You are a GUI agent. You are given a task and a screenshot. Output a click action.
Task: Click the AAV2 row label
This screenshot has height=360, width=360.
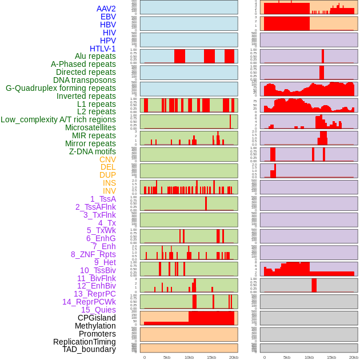click(106, 9)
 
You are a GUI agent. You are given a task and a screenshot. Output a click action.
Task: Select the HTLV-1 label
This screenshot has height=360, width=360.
click(103, 49)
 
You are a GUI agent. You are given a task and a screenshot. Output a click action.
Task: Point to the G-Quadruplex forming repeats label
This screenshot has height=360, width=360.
click(61, 88)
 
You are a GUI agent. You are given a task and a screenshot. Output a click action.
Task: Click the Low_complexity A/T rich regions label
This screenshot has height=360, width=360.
click(58, 119)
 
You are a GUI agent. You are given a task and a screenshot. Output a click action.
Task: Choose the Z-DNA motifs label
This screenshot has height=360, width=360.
click(93, 151)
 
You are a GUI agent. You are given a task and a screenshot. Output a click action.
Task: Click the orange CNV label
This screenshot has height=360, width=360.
click(107, 159)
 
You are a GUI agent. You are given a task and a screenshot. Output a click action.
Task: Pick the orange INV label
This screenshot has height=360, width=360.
click(109, 191)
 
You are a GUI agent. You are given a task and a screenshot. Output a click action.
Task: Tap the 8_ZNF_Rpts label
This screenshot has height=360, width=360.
click(93, 254)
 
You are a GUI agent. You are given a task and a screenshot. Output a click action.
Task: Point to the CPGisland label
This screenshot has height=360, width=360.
click(97, 318)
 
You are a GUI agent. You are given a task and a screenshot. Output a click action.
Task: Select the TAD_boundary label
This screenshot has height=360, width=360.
click(89, 349)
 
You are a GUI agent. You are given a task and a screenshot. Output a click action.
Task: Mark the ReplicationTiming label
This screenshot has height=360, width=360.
click(85, 342)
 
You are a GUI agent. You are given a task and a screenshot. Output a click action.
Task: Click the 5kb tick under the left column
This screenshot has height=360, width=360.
click(167, 357)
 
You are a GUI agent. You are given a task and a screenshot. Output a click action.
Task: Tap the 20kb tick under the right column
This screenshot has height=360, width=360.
click(354, 357)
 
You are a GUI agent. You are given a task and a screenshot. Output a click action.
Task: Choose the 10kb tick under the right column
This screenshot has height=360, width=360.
click(309, 357)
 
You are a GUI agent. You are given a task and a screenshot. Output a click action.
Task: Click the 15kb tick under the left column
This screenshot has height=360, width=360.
click(211, 357)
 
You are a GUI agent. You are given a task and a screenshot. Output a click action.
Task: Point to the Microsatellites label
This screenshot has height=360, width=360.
click(90, 127)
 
